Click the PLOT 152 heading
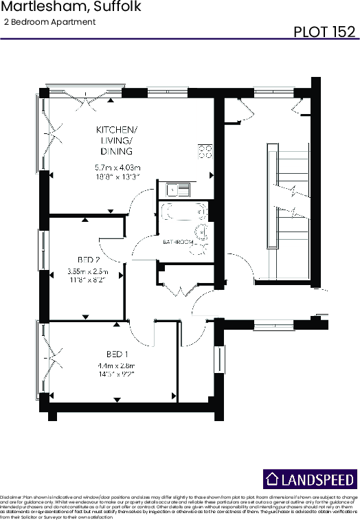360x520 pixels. (x=324, y=32)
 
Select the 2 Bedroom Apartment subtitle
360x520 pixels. (x=49, y=22)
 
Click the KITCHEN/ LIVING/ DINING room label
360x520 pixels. (x=117, y=140)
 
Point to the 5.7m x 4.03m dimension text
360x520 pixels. (x=117, y=168)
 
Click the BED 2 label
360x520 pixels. (x=89, y=260)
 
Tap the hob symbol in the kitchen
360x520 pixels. (x=205, y=152)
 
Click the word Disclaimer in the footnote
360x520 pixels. (x=12, y=496)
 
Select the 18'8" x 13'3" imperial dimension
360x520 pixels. (x=117, y=177)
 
